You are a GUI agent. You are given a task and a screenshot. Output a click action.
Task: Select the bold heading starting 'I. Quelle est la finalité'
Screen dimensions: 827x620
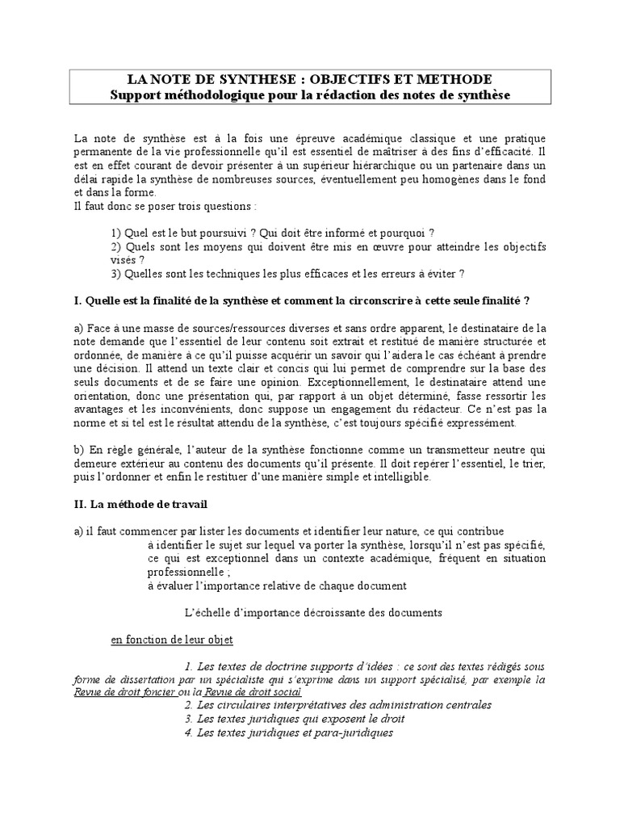pyautogui.click(x=301, y=301)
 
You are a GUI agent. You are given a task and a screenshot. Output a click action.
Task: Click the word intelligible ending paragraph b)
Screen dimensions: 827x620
pyautogui.click(x=400, y=476)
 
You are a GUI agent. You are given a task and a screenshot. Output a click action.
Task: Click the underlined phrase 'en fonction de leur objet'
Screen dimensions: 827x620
pyautogui.click(x=171, y=640)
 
